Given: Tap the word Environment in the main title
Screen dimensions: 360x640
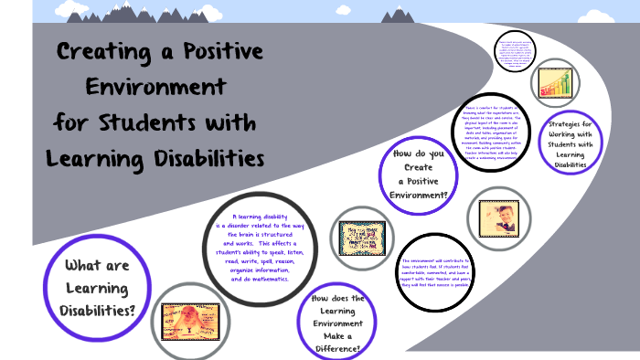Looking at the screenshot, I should coord(155,87).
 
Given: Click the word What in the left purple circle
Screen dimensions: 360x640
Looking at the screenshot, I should coord(76,265).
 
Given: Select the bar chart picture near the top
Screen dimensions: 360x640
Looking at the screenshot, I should coord(552,85).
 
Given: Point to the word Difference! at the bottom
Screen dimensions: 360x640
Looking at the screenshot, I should coord(338,348).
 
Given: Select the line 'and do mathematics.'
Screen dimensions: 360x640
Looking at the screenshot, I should coord(260,279).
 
